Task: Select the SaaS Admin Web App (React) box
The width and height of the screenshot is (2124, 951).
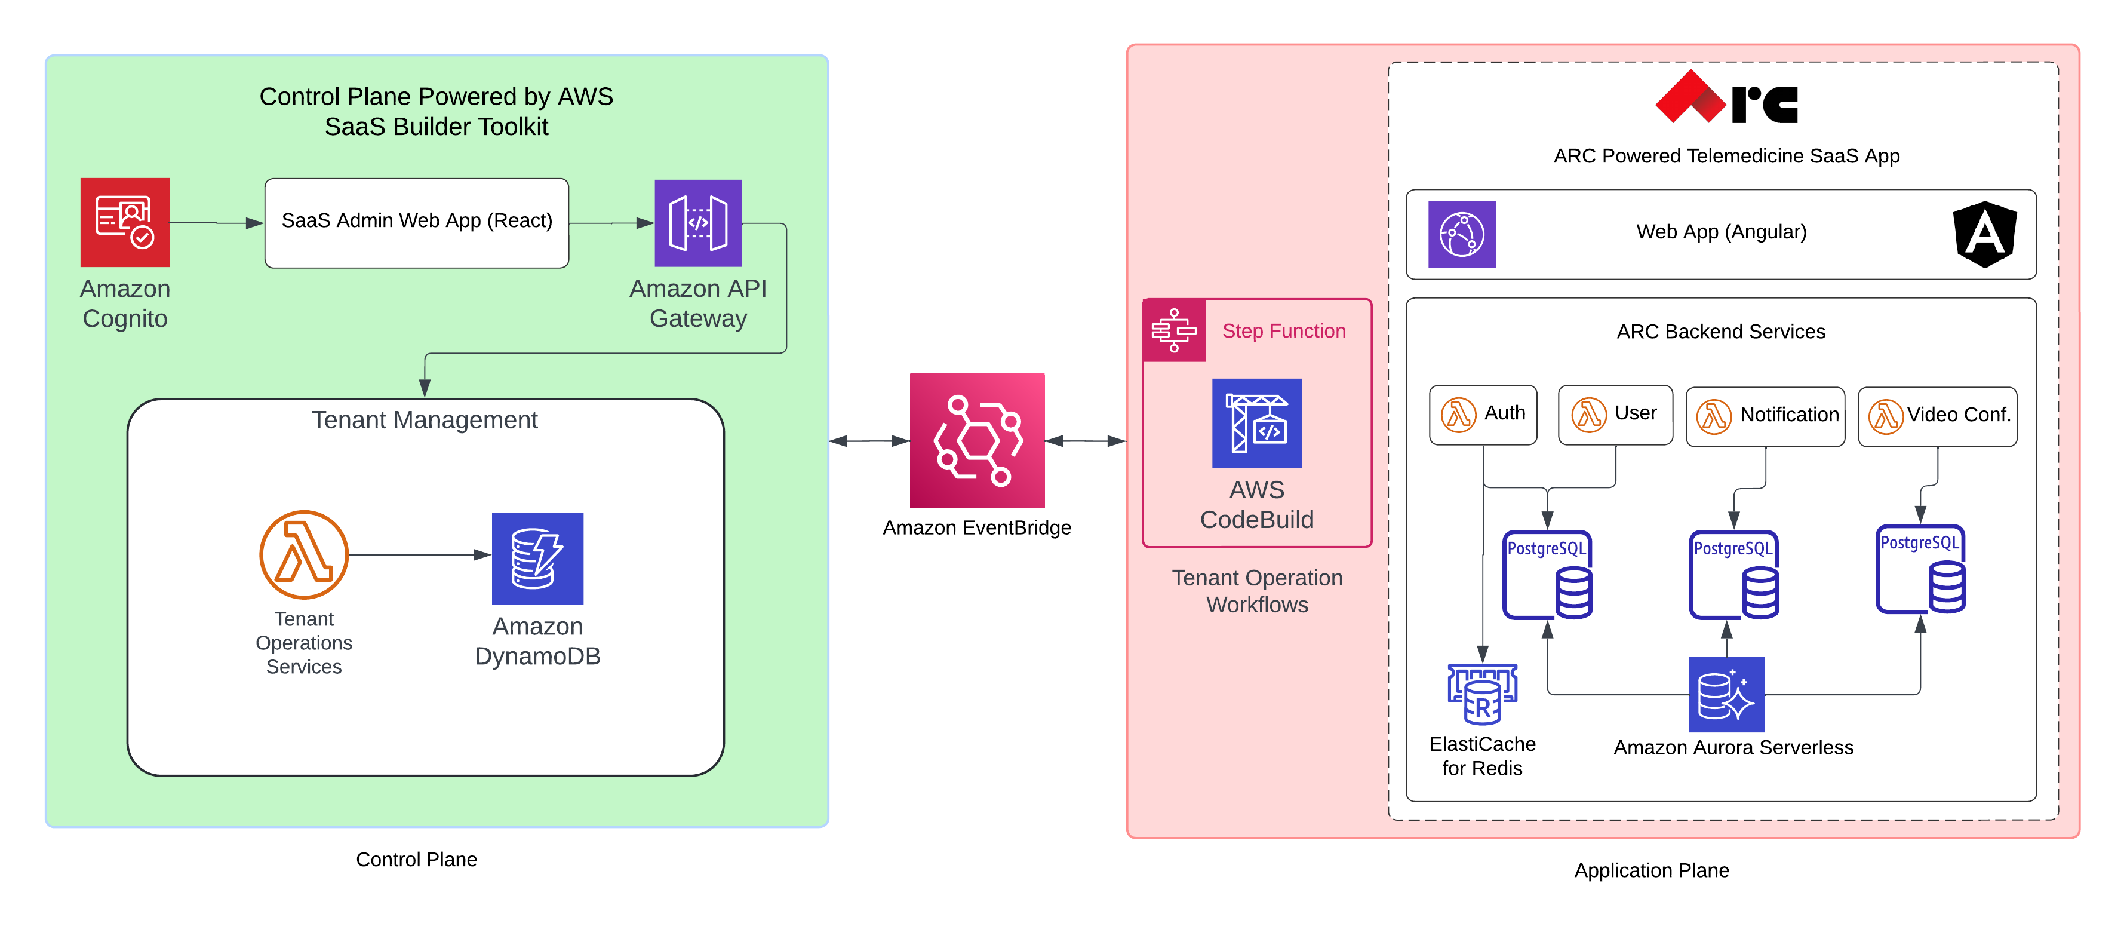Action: pos(416,223)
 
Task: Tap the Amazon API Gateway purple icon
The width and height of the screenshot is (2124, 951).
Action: pos(697,223)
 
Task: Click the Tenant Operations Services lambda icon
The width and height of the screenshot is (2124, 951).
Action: pos(303,554)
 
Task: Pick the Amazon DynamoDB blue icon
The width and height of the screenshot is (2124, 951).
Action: pos(537,559)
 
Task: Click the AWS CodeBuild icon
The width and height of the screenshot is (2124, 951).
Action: pos(1256,423)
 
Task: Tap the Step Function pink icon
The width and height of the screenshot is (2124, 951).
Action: pos(1173,330)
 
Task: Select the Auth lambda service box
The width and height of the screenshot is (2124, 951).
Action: pos(1483,414)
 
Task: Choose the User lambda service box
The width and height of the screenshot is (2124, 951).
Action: pos(1615,414)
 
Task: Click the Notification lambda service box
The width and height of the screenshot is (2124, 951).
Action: pos(1765,416)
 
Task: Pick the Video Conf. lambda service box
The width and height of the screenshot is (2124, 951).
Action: pos(1937,416)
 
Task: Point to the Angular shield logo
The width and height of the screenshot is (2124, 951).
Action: pos(1984,234)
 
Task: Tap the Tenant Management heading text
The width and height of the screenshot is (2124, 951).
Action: pos(424,420)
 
